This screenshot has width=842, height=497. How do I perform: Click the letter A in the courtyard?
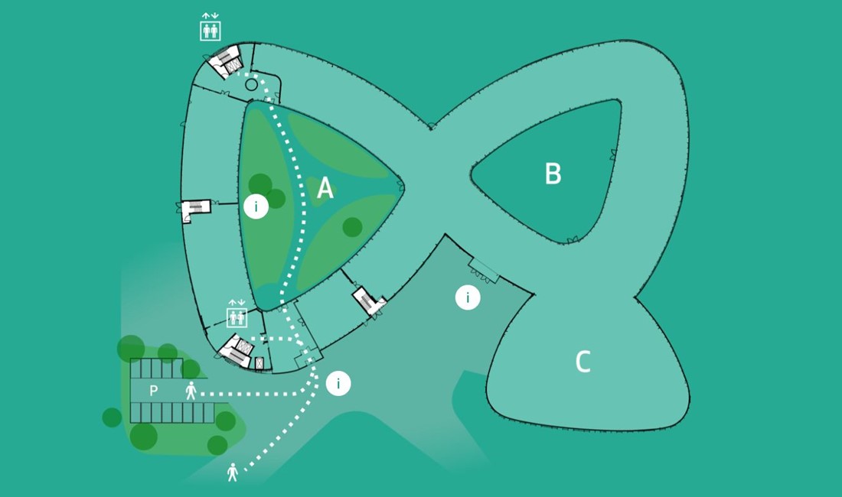tap(325, 188)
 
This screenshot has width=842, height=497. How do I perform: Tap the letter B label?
tap(553, 174)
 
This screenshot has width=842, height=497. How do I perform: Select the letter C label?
tap(583, 362)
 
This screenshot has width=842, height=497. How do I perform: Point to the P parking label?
tap(153, 391)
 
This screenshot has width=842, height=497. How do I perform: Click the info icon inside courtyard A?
tap(256, 206)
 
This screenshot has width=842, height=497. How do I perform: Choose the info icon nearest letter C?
tap(468, 297)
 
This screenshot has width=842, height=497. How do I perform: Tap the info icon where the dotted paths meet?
tap(338, 383)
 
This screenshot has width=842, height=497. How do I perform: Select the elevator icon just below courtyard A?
tap(236, 316)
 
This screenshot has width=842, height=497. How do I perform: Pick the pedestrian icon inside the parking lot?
tap(191, 391)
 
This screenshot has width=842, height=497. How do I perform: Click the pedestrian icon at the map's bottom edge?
tap(233, 472)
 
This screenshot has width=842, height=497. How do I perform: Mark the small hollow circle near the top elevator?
tap(251, 85)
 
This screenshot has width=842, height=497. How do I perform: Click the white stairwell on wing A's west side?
tap(194, 210)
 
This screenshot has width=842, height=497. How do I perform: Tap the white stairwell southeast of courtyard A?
tap(369, 301)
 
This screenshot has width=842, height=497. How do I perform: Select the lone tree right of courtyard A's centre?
tap(352, 226)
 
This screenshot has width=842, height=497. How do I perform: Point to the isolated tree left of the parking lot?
tap(112, 417)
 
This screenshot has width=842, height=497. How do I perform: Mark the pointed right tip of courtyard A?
tap(400, 186)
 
